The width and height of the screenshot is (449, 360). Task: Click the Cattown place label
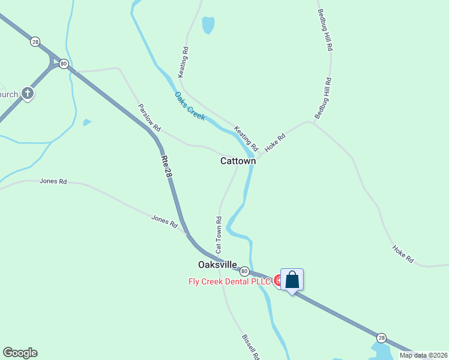point(238,161)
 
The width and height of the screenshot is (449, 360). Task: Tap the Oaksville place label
point(217,265)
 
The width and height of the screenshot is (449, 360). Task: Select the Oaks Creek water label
point(190,106)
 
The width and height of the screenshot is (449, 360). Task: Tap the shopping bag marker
point(292,280)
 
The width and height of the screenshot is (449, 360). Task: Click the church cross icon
point(28,93)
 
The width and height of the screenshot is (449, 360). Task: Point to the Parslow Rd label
point(149,118)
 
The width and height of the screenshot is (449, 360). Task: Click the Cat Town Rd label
point(219,234)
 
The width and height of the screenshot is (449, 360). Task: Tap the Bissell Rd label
point(250,347)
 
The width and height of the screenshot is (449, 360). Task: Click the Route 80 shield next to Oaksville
point(244,271)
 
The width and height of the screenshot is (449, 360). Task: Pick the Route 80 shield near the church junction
point(64,64)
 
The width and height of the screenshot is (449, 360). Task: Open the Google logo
point(20,353)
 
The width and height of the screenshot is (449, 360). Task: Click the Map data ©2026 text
point(423,355)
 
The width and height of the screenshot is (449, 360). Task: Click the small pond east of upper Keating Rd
point(208,25)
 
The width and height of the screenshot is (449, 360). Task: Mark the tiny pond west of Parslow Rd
point(87,122)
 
